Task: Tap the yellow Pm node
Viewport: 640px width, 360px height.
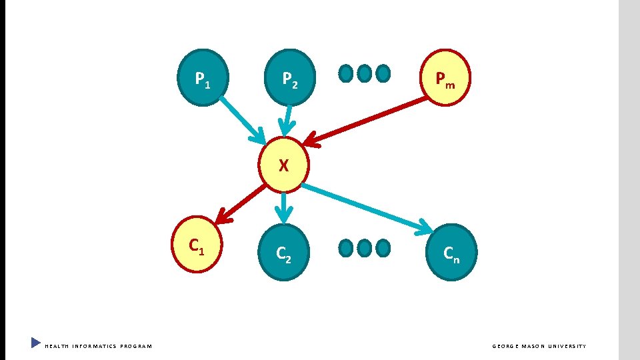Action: click(x=445, y=78)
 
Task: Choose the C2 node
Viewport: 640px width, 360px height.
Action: click(x=284, y=252)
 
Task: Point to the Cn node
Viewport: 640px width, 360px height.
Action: click(x=451, y=251)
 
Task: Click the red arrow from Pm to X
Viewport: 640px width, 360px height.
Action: click(x=367, y=120)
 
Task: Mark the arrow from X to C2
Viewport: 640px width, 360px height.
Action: click(x=285, y=207)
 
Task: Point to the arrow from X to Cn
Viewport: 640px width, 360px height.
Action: click(x=367, y=209)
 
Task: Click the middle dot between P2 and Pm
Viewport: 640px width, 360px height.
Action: click(x=364, y=73)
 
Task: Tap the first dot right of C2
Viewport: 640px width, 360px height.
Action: click(x=346, y=249)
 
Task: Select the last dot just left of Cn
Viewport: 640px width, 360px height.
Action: click(x=383, y=249)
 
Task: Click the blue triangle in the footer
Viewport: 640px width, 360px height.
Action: click(x=36, y=343)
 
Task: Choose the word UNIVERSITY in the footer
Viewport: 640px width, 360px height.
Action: click(x=567, y=346)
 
